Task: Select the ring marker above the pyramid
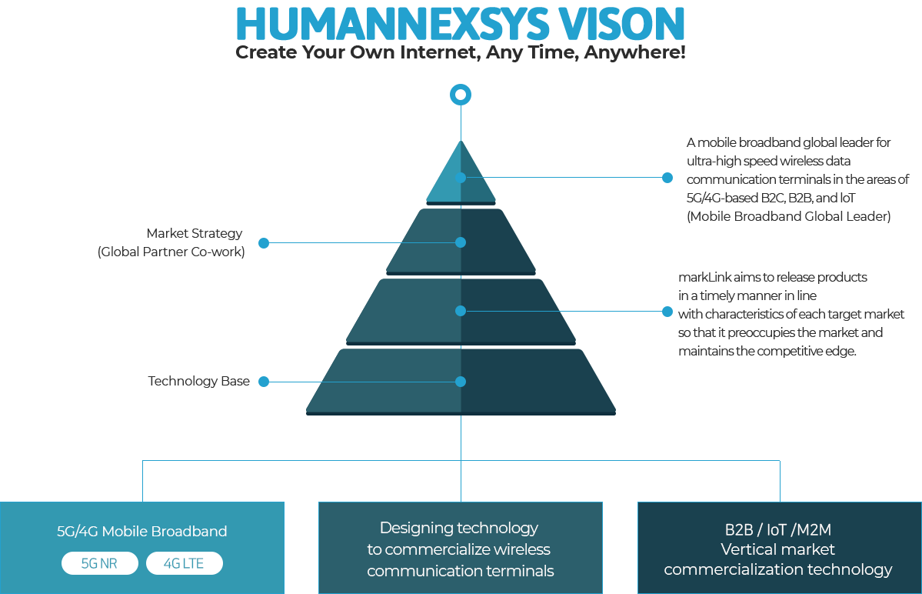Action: (460, 95)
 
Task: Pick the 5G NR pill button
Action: (99, 563)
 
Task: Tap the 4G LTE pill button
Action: (184, 563)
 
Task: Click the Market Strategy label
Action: (194, 233)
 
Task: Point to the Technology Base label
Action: (198, 381)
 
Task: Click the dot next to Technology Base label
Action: (264, 382)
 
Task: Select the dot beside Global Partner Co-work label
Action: (264, 242)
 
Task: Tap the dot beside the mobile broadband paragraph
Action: (667, 178)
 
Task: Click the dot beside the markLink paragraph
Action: (667, 311)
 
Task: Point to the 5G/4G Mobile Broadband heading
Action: (141, 531)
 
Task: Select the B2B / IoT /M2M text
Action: (777, 529)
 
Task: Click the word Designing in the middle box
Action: (416, 528)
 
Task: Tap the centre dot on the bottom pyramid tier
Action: (461, 382)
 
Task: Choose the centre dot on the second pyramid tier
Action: (461, 242)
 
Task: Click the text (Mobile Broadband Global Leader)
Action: (788, 216)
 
